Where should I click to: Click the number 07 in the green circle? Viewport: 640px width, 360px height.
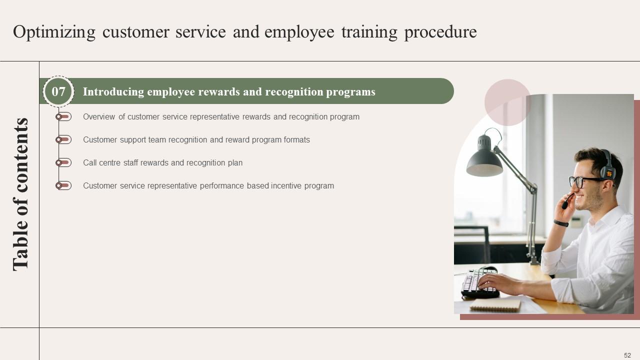click(58, 91)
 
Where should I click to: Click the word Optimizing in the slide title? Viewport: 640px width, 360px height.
click(54, 32)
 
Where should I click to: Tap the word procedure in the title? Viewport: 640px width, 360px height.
click(440, 32)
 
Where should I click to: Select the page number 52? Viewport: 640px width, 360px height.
click(627, 355)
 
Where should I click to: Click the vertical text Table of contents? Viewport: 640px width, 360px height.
click(20, 194)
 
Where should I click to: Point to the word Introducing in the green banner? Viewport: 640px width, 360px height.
click(113, 92)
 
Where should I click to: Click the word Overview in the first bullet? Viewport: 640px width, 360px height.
click(99, 117)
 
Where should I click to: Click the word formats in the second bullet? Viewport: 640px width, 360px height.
click(296, 140)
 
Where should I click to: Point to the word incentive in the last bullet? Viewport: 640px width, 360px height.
click(287, 186)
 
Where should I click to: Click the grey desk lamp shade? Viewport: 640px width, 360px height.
click(483, 160)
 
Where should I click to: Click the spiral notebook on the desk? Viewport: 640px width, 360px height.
click(495, 305)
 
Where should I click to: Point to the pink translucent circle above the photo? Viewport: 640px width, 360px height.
click(507, 102)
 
